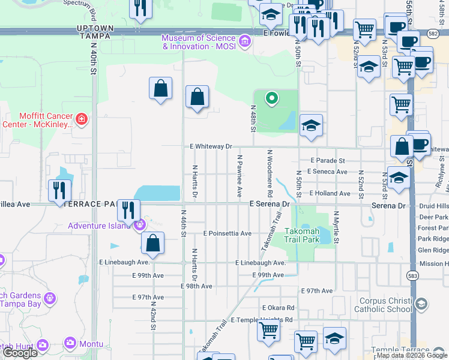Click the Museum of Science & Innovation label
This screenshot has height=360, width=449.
pyautogui.click(x=198, y=42)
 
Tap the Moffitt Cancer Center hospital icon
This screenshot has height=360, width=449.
pyautogui.click(x=82, y=121)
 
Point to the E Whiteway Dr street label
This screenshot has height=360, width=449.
pyautogui.click(x=211, y=146)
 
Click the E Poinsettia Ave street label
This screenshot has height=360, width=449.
pyautogui.click(x=227, y=233)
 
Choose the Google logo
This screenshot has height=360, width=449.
pyautogui.click(x=20, y=353)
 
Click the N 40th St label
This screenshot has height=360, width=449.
pyautogui.click(x=94, y=61)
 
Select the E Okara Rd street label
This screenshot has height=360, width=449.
pyautogui.click(x=279, y=308)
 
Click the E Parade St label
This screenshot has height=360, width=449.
pyautogui.click(x=327, y=161)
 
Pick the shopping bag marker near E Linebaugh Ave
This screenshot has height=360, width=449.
pyautogui.click(x=153, y=244)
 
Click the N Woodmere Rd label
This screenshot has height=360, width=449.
pyautogui.click(x=270, y=173)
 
